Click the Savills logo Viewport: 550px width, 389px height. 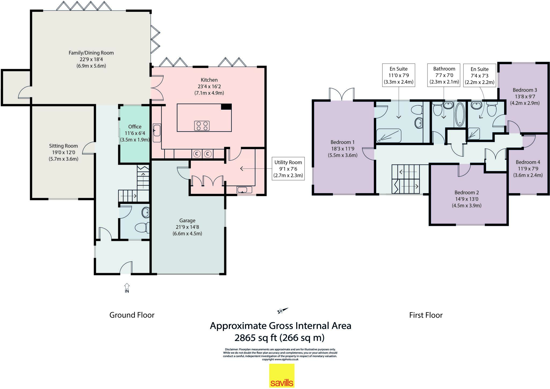click(x=282, y=376)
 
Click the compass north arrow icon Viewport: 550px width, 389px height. click(x=282, y=311)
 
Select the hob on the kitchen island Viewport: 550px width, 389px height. click(x=202, y=126)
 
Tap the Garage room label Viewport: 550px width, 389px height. click(x=187, y=221)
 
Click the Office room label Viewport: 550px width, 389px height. click(x=135, y=127)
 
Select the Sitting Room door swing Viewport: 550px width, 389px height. click(x=89, y=148)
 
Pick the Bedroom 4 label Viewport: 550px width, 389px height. click(x=528, y=162)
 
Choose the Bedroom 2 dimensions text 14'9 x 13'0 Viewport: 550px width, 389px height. click(x=466, y=199)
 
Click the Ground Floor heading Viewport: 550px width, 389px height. click(x=132, y=315)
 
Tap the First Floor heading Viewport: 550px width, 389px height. click(x=426, y=315)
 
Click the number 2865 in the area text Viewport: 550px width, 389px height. click(x=245, y=337)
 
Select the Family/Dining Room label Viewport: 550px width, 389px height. click(x=91, y=53)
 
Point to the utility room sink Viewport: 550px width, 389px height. click(x=244, y=190)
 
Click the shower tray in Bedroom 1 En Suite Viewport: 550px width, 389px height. click(x=388, y=136)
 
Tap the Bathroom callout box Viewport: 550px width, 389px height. click(x=444, y=75)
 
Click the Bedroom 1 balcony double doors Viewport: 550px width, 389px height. click(x=342, y=94)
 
